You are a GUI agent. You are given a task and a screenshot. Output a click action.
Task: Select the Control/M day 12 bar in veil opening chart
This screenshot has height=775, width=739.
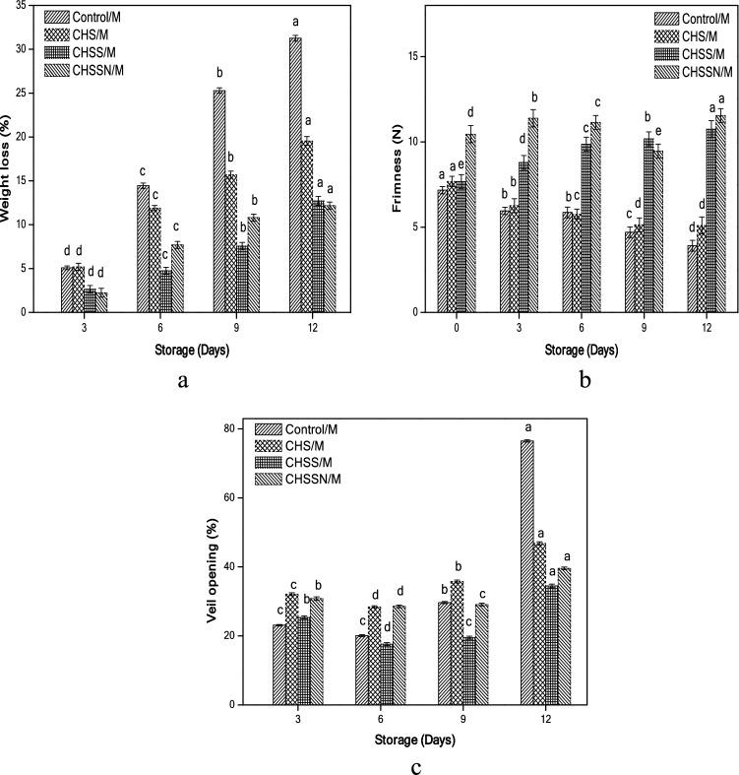(527, 572)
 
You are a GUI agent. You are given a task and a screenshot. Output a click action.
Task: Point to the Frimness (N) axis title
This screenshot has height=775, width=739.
(391, 160)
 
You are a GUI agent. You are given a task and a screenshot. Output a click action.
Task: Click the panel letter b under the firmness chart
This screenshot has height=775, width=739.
(585, 376)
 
